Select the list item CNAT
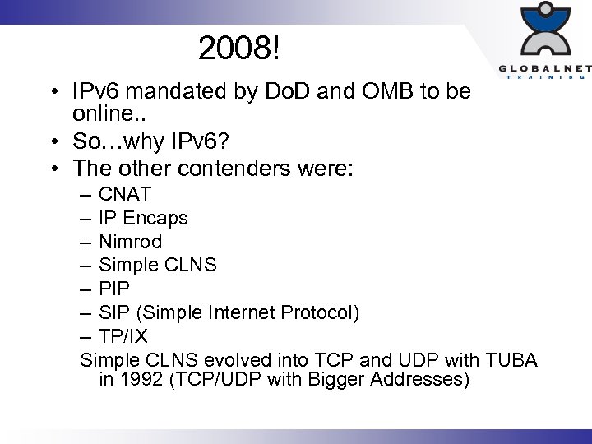tap(125, 195)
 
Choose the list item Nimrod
tap(130, 242)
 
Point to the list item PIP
tap(113, 289)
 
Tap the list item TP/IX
tap(123, 336)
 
